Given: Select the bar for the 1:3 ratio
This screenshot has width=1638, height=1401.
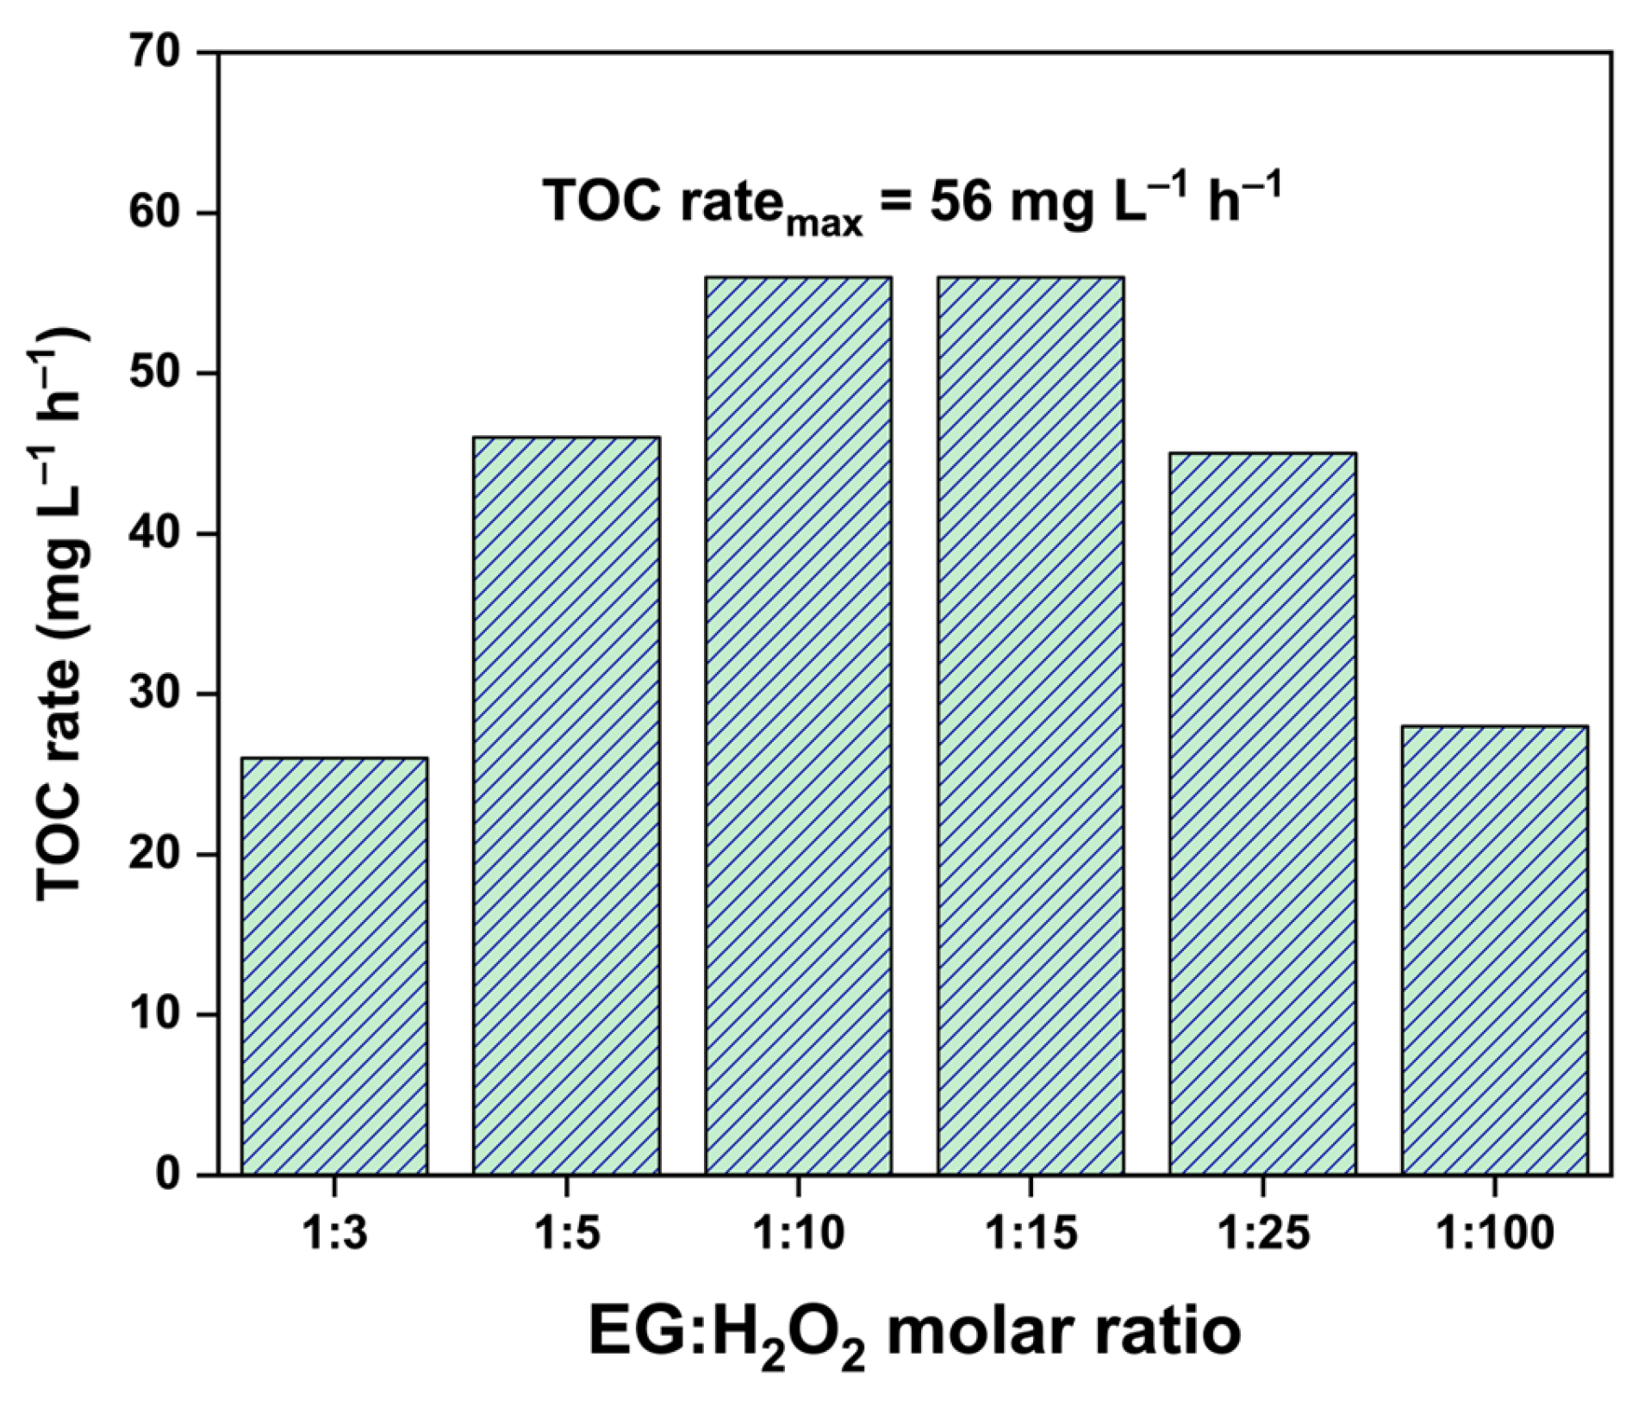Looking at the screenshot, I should coord(334,965).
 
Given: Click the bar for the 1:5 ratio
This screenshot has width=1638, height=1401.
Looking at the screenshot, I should coord(566,806).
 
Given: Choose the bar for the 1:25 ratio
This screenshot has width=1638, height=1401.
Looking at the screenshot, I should coord(1262,813).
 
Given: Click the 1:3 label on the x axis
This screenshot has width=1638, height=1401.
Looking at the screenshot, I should coord(334,1234).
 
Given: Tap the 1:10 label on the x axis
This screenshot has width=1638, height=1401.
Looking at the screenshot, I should coord(798,1234).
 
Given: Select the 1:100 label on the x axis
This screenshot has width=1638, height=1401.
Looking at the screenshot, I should coord(1494,1234).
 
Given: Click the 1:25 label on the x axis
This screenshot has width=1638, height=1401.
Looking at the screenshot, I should coord(1262,1234).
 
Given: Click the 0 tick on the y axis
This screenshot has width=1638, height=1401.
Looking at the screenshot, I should coord(169,1175).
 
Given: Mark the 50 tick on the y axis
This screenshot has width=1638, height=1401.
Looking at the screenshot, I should coord(156,374).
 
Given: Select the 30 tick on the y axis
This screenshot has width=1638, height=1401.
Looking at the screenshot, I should coord(156,694).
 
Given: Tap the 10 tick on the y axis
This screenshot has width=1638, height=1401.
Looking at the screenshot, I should coord(156,1015).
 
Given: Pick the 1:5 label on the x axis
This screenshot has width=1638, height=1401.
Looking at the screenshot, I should coord(566,1234).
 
